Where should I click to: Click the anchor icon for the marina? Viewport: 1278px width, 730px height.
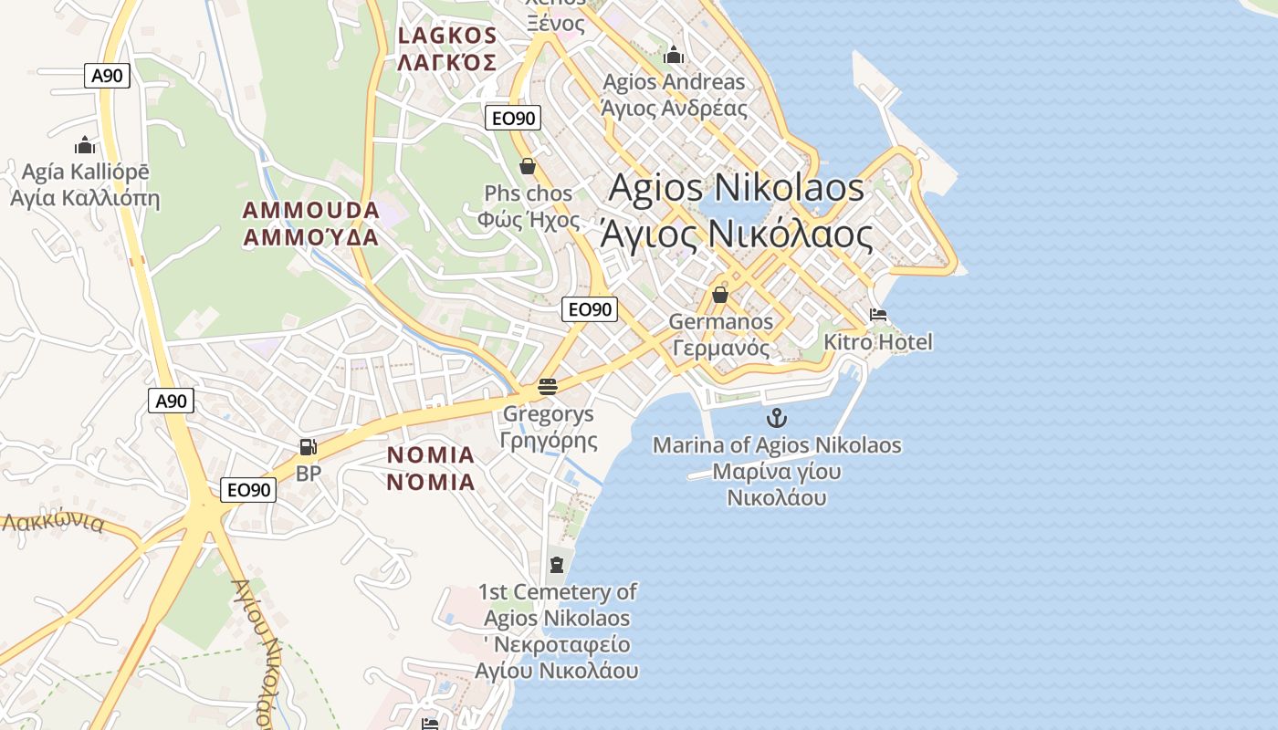(x=776, y=419)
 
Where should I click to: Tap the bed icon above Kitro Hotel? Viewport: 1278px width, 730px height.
(x=878, y=316)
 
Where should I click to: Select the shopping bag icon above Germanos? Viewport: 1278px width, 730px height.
(x=720, y=295)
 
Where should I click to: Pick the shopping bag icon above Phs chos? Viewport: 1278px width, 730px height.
(x=528, y=166)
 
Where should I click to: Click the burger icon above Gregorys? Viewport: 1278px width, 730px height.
(x=548, y=387)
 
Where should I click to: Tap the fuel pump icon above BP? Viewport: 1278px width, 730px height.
(x=309, y=447)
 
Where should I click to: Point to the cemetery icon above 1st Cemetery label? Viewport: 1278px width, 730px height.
(x=557, y=565)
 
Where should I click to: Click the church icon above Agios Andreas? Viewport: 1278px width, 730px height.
(x=674, y=56)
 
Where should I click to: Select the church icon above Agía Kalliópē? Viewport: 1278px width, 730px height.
(x=85, y=145)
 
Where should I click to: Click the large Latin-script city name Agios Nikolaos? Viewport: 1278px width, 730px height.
(x=736, y=188)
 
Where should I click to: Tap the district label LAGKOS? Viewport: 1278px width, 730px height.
(x=447, y=36)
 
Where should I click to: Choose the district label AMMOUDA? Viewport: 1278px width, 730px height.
(x=310, y=211)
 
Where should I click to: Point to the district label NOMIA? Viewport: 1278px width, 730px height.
(x=431, y=455)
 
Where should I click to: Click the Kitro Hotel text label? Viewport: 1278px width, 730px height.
(x=878, y=343)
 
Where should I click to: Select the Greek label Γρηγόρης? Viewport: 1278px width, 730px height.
(x=549, y=441)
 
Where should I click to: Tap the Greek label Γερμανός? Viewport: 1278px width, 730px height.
(x=720, y=348)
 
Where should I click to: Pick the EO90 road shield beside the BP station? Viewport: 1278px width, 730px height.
(x=248, y=490)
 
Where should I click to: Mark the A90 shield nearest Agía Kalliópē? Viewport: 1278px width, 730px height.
(x=108, y=76)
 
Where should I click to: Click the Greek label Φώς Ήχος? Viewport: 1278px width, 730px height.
(x=528, y=220)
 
